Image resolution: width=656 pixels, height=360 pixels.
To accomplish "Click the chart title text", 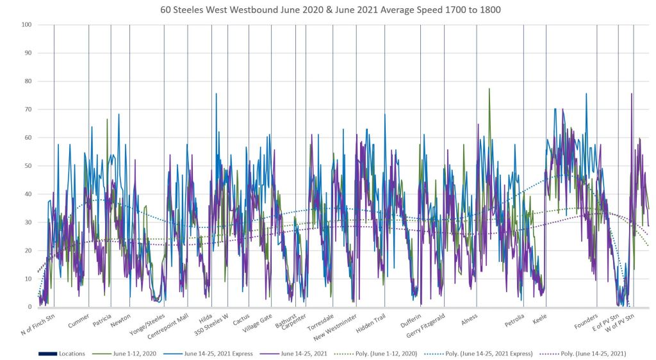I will click(x=327, y=10).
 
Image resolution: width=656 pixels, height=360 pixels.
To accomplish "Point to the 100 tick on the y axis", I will click(x=28, y=25).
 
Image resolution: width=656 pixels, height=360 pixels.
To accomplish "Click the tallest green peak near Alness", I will click(x=489, y=89).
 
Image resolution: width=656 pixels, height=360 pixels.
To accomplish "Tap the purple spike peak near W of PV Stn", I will click(x=631, y=94).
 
